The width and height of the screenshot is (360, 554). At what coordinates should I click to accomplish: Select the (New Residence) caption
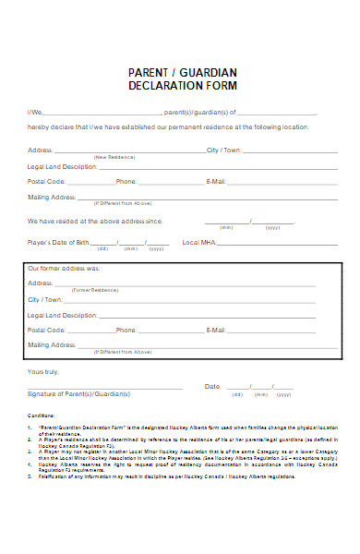click(x=114, y=157)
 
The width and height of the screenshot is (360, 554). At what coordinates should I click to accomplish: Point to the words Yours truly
click(x=43, y=371)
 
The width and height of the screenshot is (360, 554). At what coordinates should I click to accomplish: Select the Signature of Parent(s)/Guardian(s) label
click(x=78, y=394)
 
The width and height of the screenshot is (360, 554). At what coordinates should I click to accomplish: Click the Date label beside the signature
click(x=212, y=387)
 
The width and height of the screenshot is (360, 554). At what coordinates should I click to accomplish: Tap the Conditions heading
click(x=42, y=416)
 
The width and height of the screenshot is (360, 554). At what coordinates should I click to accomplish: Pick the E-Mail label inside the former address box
click(x=216, y=330)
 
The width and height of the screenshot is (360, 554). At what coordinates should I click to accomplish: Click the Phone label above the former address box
click(x=126, y=182)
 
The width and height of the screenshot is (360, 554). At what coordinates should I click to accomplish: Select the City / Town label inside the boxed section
click(x=45, y=300)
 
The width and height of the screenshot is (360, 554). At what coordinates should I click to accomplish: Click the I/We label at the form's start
click(x=34, y=112)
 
